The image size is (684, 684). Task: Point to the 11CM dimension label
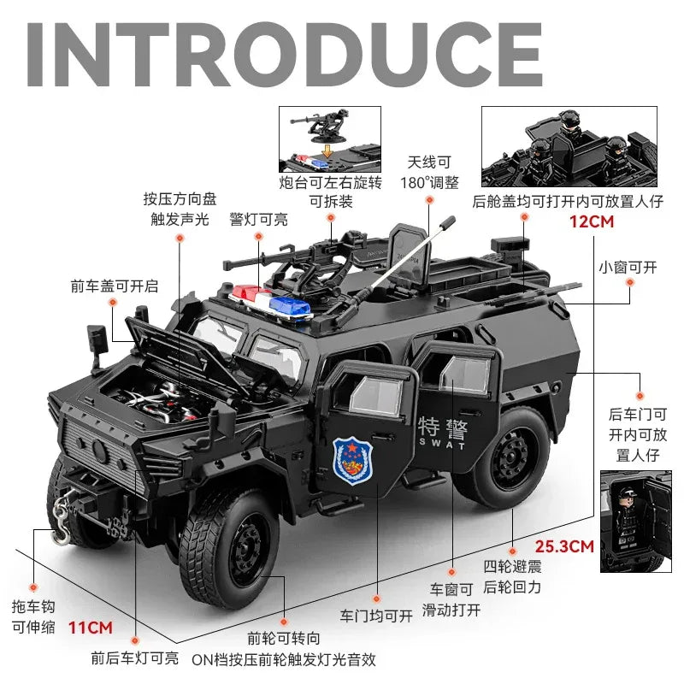91,627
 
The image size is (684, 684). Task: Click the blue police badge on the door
348,460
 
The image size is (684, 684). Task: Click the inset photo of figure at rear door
635,520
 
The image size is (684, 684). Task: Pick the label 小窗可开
628,267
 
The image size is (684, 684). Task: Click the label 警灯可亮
258,220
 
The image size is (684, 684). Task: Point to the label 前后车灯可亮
135,658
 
